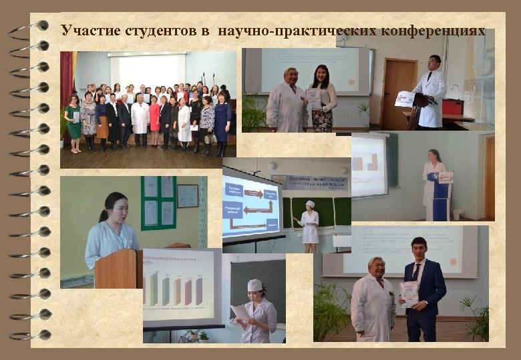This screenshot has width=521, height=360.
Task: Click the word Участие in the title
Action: (86, 30)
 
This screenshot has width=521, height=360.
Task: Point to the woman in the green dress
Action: (73, 123)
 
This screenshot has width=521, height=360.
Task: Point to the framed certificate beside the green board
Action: (188, 196)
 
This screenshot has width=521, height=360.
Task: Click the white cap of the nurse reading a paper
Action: (254, 285)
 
